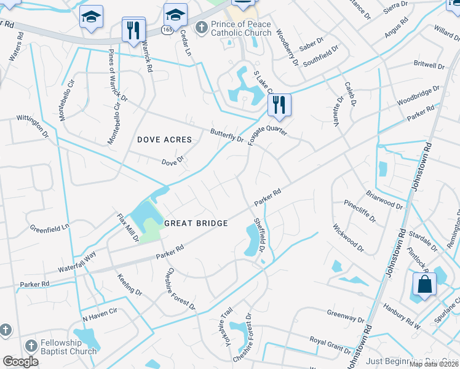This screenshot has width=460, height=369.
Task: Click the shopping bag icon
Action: click(x=424, y=285)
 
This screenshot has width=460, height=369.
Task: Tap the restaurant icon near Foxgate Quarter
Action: click(x=279, y=106)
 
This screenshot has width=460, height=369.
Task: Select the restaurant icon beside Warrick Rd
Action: click(x=133, y=29)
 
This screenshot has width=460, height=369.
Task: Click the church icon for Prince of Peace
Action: click(x=201, y=27)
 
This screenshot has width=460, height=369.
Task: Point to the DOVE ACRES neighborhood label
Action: click(x=164, y=140)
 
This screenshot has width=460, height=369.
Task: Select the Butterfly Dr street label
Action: click(x=227, y=135)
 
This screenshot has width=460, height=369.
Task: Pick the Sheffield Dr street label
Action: click(x=259, y=235)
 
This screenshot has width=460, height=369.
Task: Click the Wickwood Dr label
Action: click(x=348, y=234)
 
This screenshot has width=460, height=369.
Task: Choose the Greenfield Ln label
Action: click(x=50, y=228)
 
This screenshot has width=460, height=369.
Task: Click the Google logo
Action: click(x=20, y=361)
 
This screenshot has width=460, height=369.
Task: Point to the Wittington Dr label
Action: click(x=32, y=125)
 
